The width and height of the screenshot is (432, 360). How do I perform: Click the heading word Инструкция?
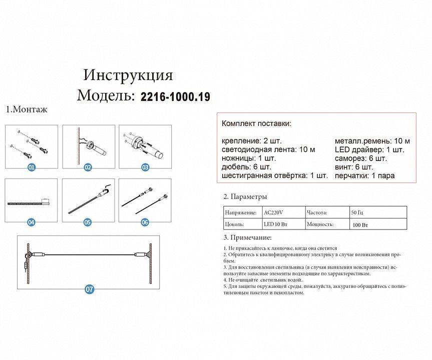[x=128, y=75]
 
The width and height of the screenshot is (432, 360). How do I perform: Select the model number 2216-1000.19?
[x=175, y=97]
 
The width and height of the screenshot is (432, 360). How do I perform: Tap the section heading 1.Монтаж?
[x=27, y=110]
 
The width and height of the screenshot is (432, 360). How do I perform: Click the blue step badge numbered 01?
[x=32, y=167]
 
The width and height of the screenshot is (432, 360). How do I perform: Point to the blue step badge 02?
[x=88, y=167]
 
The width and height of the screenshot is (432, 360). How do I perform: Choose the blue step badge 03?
[x=145, y=167]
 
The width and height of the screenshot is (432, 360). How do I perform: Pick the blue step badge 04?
[x=32, y=221]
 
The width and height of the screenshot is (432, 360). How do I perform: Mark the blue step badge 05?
[x=88, y=221]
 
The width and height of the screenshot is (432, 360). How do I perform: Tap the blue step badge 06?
[x=145, y=221]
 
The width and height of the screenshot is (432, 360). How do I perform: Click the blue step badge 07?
[x=90, y=289]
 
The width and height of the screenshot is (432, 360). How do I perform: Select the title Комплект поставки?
[x=256, y=123]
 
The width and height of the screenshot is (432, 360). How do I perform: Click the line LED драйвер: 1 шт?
[x=369, y=149]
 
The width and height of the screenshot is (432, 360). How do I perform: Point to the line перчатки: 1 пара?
[x=364, y=175]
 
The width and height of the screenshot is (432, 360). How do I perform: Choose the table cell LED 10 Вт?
[x=276, y=224]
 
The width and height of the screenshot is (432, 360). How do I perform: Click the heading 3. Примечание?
[x=248, y=238]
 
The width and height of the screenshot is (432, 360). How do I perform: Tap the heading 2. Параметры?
[x=245, y=196]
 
